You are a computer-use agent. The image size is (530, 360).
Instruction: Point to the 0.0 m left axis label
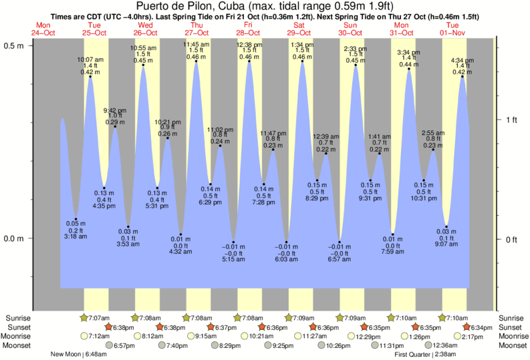click(x=14, y=239)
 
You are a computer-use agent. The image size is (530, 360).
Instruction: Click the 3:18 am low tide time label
click(x=76, y=236)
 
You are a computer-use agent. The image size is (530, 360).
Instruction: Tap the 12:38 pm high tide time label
click(x=249, y=44)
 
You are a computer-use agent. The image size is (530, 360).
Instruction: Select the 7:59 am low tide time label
click(x=393, y=252)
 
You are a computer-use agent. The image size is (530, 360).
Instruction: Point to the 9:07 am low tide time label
click(x=446, y=243)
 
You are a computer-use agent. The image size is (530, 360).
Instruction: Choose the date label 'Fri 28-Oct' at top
click(x=249, y=29)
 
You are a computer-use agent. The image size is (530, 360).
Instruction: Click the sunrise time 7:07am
click(x=98, y=318)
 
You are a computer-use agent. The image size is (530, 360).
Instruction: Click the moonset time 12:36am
click(x=446, y=345)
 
